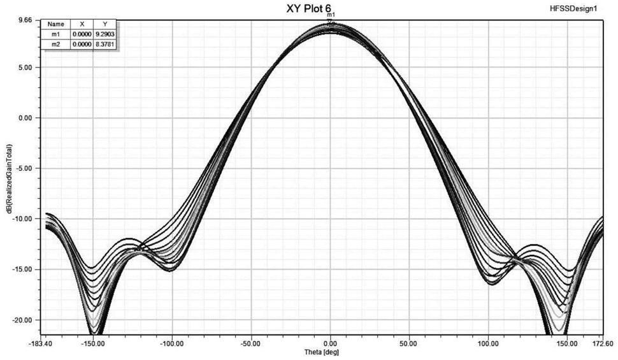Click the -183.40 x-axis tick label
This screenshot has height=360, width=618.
[x=43, y=344]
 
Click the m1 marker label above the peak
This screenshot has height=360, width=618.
[x=331, y=14]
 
